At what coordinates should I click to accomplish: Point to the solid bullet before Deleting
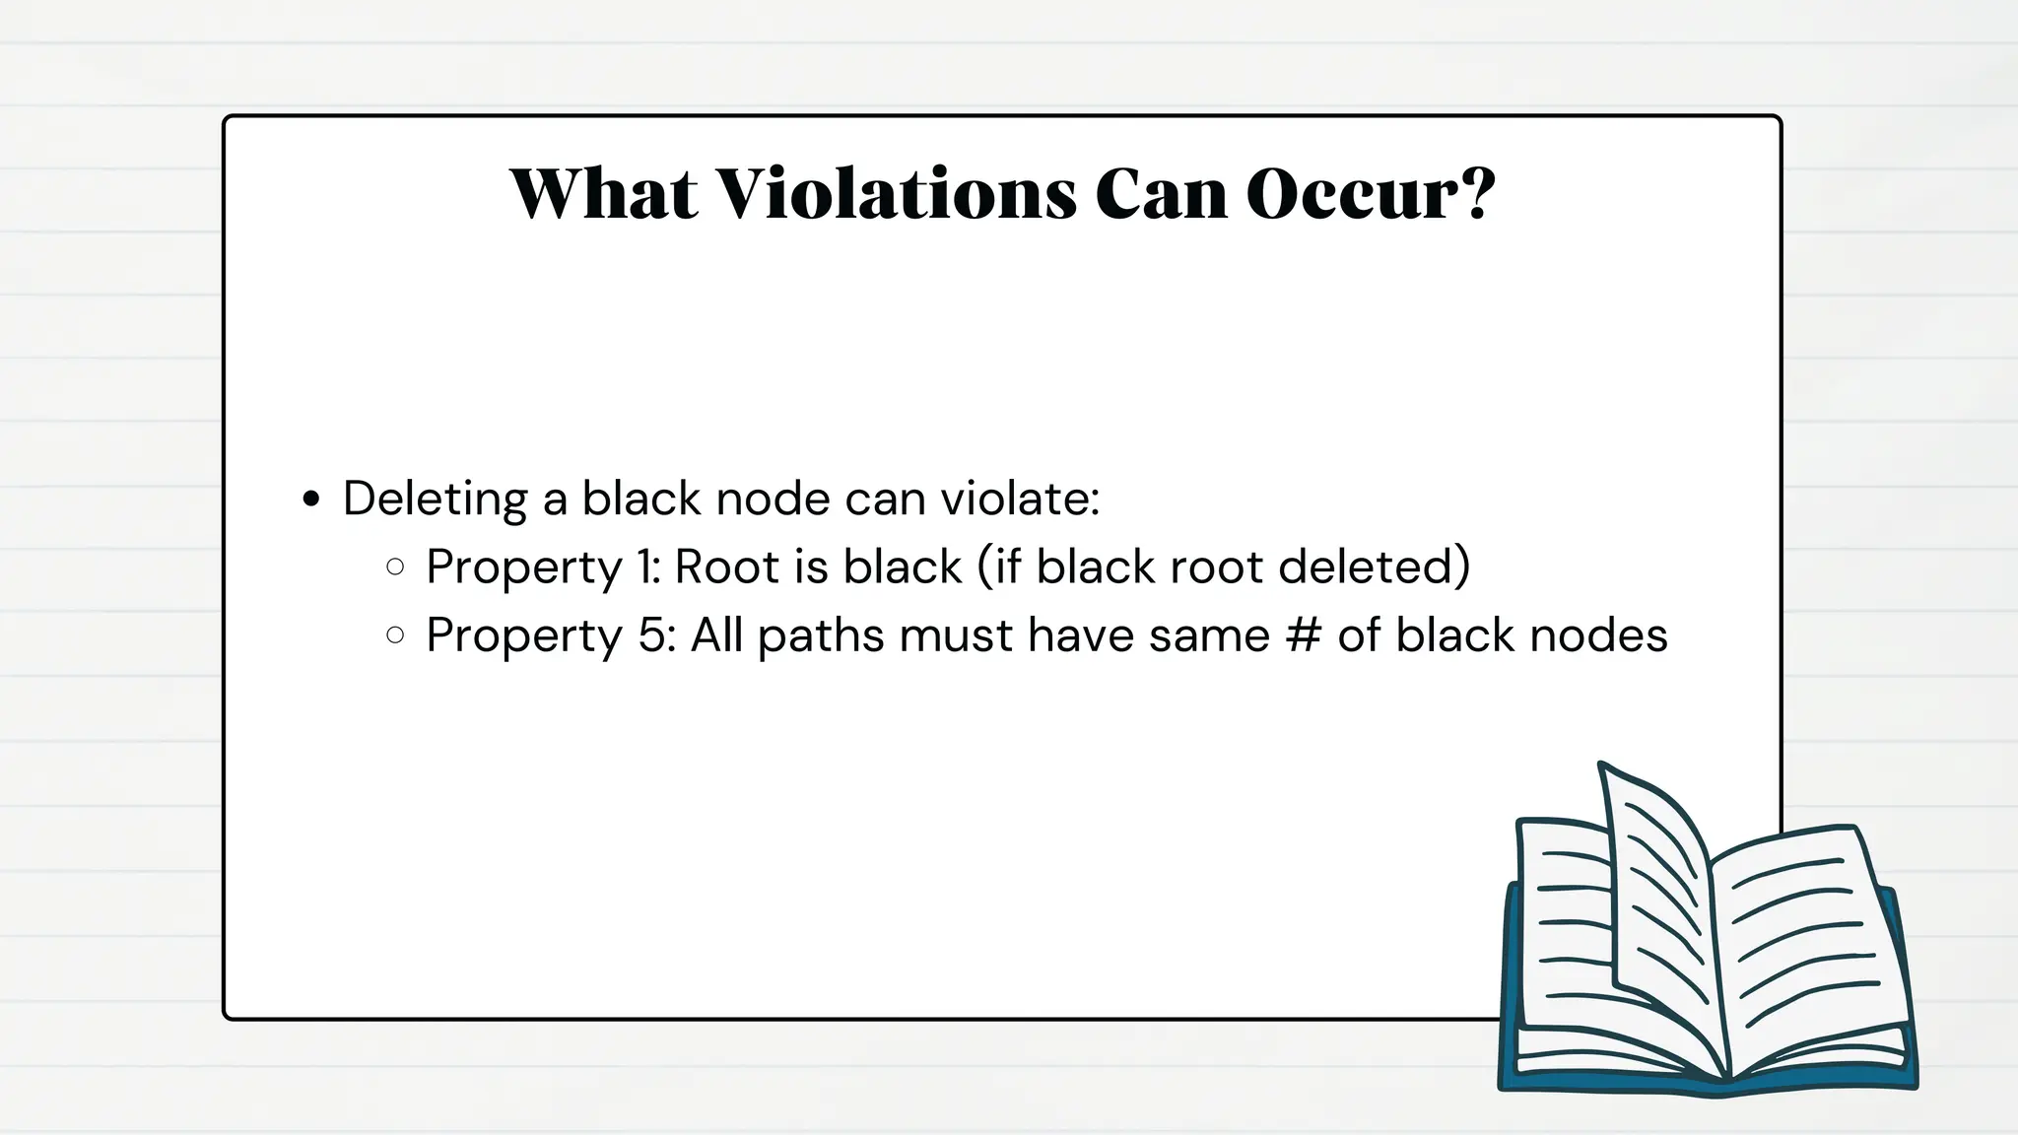coord(312,500)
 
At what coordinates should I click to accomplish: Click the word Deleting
coord(435,500)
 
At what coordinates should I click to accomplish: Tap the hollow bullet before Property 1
coord(396,567)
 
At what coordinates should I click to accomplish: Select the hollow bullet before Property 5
coord(396,635)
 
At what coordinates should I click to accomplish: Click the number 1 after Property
coord(647,567)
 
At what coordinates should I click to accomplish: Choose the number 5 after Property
coord(655,635)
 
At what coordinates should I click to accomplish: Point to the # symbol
coord(1303,635)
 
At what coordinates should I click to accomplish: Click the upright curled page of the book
coord(1655,887)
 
